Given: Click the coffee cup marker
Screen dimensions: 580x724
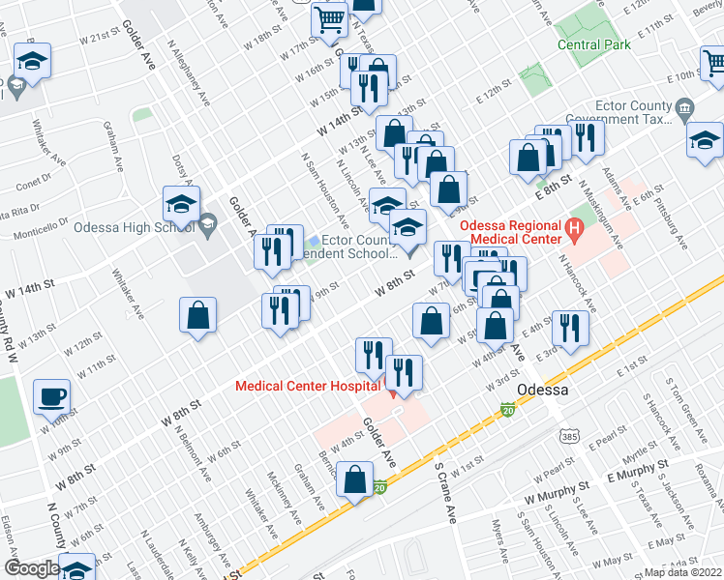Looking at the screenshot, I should click(52, 396).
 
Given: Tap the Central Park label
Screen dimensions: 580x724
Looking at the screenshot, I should click(594, 44).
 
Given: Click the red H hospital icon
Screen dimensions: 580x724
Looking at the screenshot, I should click(575, 231).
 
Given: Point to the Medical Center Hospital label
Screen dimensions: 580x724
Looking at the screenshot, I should click(307, 386).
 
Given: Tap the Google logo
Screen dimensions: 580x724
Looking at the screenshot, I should click(31, 568).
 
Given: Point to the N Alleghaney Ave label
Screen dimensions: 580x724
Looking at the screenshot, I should click(189, 72).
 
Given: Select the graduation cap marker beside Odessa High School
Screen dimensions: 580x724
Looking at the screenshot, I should click(181, 205).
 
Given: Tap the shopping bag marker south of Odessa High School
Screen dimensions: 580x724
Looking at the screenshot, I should click(197, 315).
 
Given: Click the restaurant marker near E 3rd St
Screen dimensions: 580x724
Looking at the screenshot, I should click(570, 329).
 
